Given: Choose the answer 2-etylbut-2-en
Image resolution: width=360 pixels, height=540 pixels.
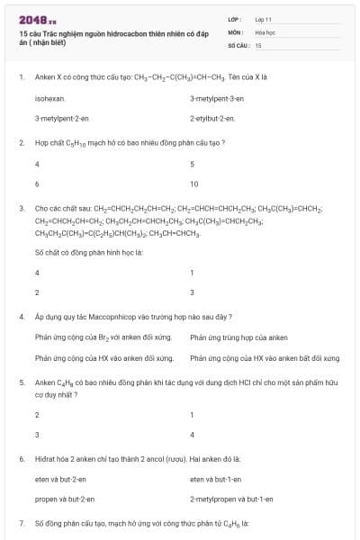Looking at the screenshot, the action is pos(212,118).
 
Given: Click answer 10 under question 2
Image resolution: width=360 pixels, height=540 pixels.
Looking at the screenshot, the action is pos(194,183).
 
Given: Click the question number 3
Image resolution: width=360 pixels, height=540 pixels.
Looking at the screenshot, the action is pos(21,208).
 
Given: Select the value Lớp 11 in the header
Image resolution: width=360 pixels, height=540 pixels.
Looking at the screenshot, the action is pos(264,18).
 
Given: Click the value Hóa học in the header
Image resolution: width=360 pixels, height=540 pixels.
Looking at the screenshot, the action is pos(265,31).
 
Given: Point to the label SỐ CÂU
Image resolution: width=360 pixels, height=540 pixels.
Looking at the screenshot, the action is pos(238,43).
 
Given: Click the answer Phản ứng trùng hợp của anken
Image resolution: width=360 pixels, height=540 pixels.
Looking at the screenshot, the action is pos(238,337).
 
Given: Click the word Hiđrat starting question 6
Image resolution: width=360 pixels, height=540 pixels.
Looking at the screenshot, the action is pos(46,458).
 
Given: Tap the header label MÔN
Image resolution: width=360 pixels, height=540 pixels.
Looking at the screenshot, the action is pos(236,31).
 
